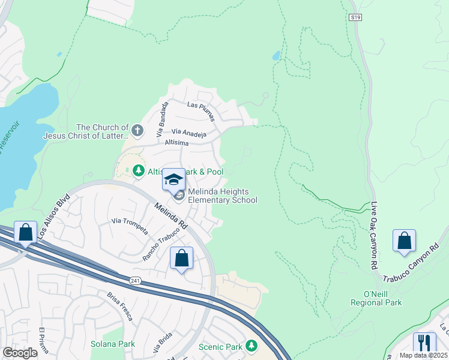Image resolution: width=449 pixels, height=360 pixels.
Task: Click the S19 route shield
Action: tap(355, 18)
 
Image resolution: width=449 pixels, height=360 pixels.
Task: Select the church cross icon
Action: tap(137, 130)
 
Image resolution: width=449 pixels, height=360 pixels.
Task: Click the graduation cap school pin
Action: tap(173, 179)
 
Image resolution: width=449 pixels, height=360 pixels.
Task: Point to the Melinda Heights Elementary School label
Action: tap(223, 196)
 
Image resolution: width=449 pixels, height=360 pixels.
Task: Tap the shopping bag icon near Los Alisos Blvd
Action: tap(26, 232)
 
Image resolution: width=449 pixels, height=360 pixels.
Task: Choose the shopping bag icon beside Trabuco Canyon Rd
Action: tap(405, 240)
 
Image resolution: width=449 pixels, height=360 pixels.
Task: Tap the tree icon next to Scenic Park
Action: tap(251, 346)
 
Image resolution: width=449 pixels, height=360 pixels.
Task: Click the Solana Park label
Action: tap(112, 344)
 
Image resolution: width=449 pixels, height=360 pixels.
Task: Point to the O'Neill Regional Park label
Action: tap(376, 298)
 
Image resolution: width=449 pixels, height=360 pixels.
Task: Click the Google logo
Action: tap(19, 352)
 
